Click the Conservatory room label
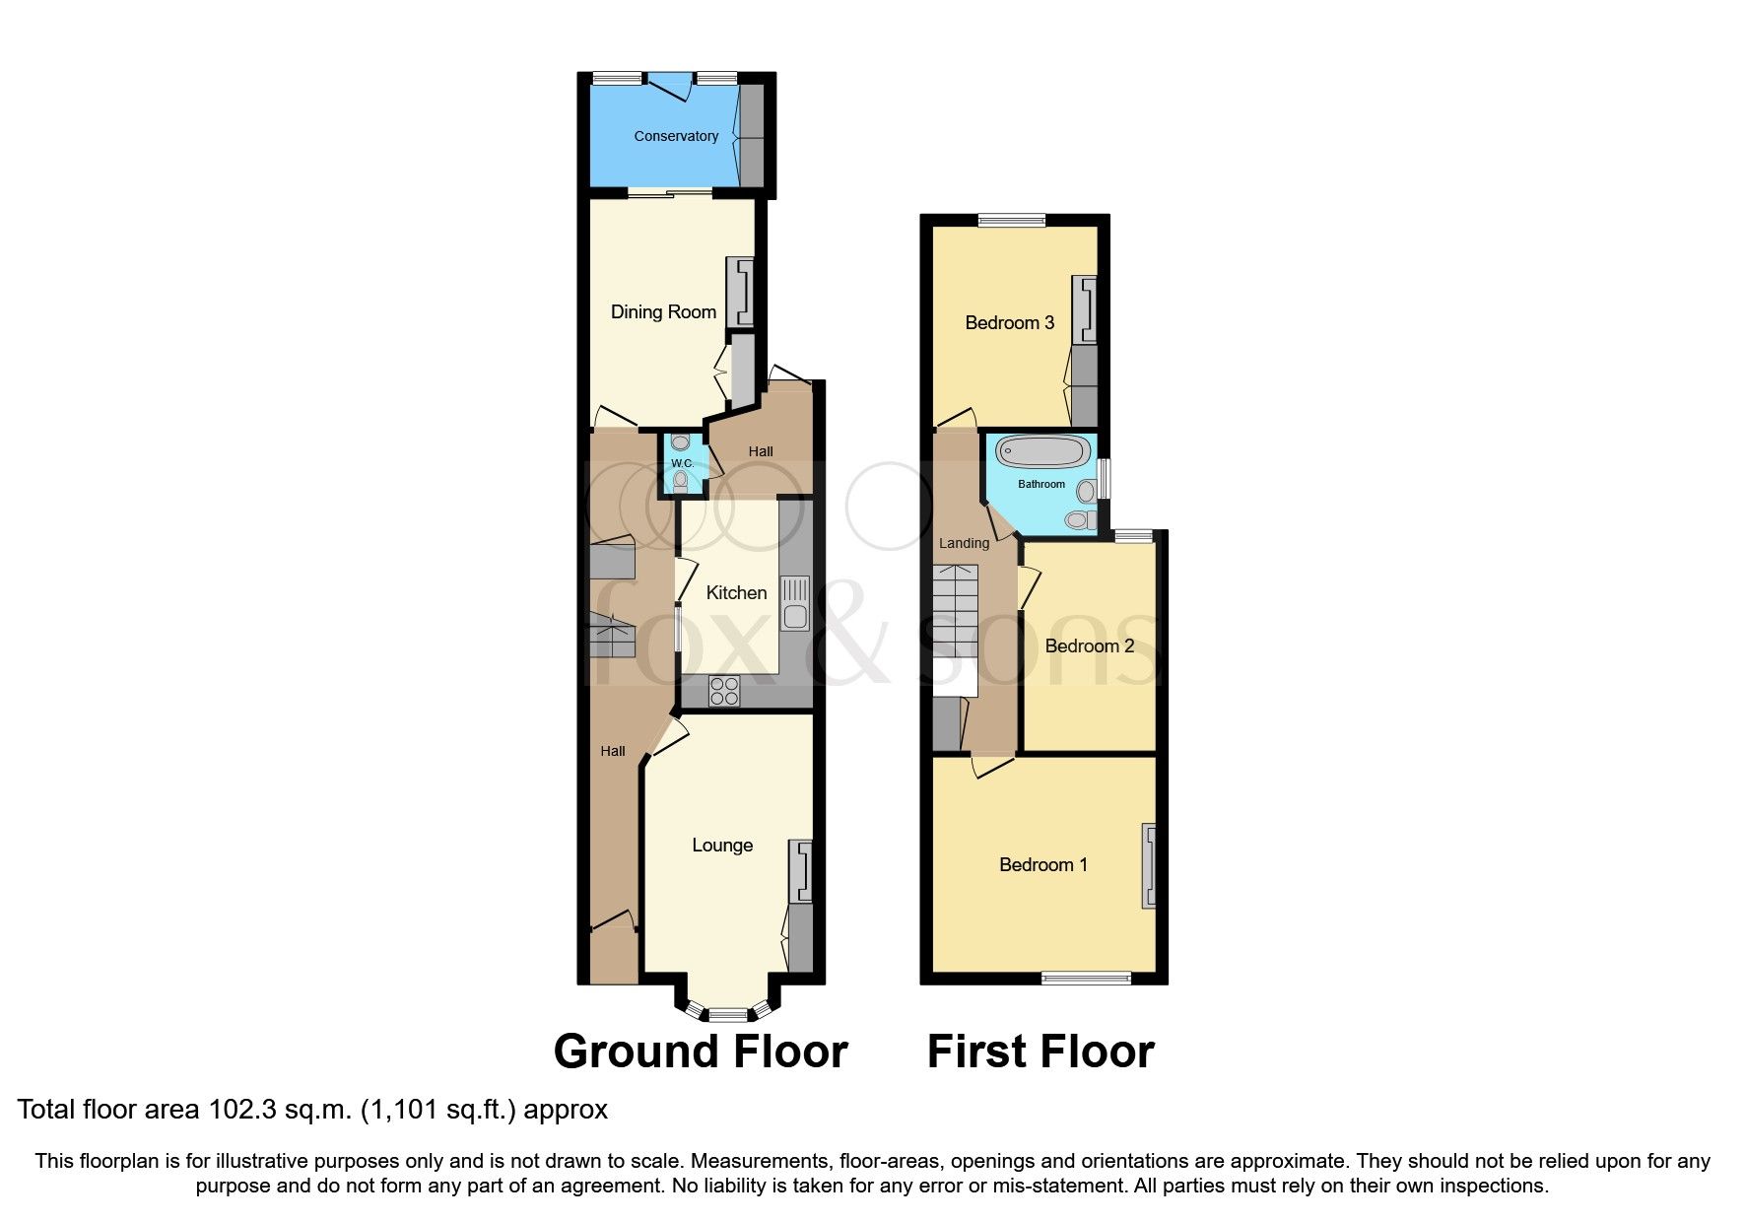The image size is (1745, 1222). click(676, 136)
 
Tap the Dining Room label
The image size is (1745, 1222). click(663, 311)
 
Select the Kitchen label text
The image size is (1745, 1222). click(736, 592)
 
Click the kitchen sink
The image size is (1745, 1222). click(794, 603)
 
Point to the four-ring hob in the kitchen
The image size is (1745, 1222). click(724, 691)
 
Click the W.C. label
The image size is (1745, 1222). click(682, 463)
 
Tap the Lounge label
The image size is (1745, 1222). click(722, 845)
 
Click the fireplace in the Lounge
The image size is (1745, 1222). click(801, 871)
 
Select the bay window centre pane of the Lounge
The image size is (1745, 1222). click(728, 1013)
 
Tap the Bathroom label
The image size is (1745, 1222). click(1041, 484)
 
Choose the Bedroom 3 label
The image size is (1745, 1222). click(1009, 322)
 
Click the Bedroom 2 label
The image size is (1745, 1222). click(1089, 645)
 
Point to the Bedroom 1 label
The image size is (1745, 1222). click(1042, 864)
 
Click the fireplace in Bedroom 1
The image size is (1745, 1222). click(1148, 865)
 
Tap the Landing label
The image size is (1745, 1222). click(964, 543)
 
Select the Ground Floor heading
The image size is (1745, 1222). click(701, 1052)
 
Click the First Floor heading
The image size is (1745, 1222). click(1040, 1052)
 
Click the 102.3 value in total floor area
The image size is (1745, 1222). click(241, 1110)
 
